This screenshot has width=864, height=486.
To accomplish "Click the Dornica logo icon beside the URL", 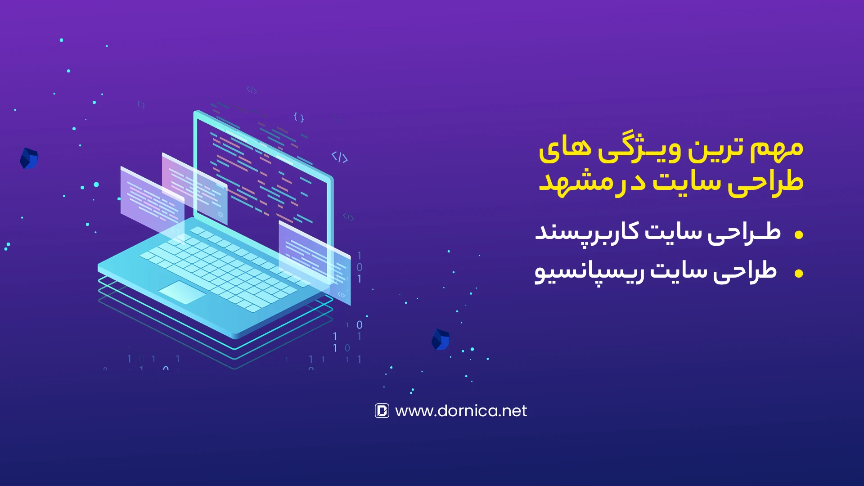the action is pyautogui.click(x=382, y=410).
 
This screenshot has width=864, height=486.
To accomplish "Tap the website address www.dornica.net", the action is pyautogui.click(x=461, y=411).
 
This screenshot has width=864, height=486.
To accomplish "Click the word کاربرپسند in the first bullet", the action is pyautogui.click(x=587, y=233).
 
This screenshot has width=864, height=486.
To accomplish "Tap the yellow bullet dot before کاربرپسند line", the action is pyautogui.click(x=799, y=234).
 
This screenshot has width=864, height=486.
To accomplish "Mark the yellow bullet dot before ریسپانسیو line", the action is pyautogui.click(x=799, y=273).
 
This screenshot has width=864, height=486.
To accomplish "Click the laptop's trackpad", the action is pyautogui.click(x=182, y=292).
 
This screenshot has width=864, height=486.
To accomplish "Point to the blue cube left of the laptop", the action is pyautogui.click(x=29, y=158).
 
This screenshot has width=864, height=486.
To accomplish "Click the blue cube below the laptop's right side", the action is pyautogui.click(x=441, y=339).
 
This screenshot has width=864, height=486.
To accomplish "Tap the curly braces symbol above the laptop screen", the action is pyautogui.click(x=299, y=117).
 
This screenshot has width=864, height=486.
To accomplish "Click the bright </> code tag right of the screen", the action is pyautogui.click(x=340, y=157).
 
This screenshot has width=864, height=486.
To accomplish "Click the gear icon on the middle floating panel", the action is pyautogui.click(x=220, y=214).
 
